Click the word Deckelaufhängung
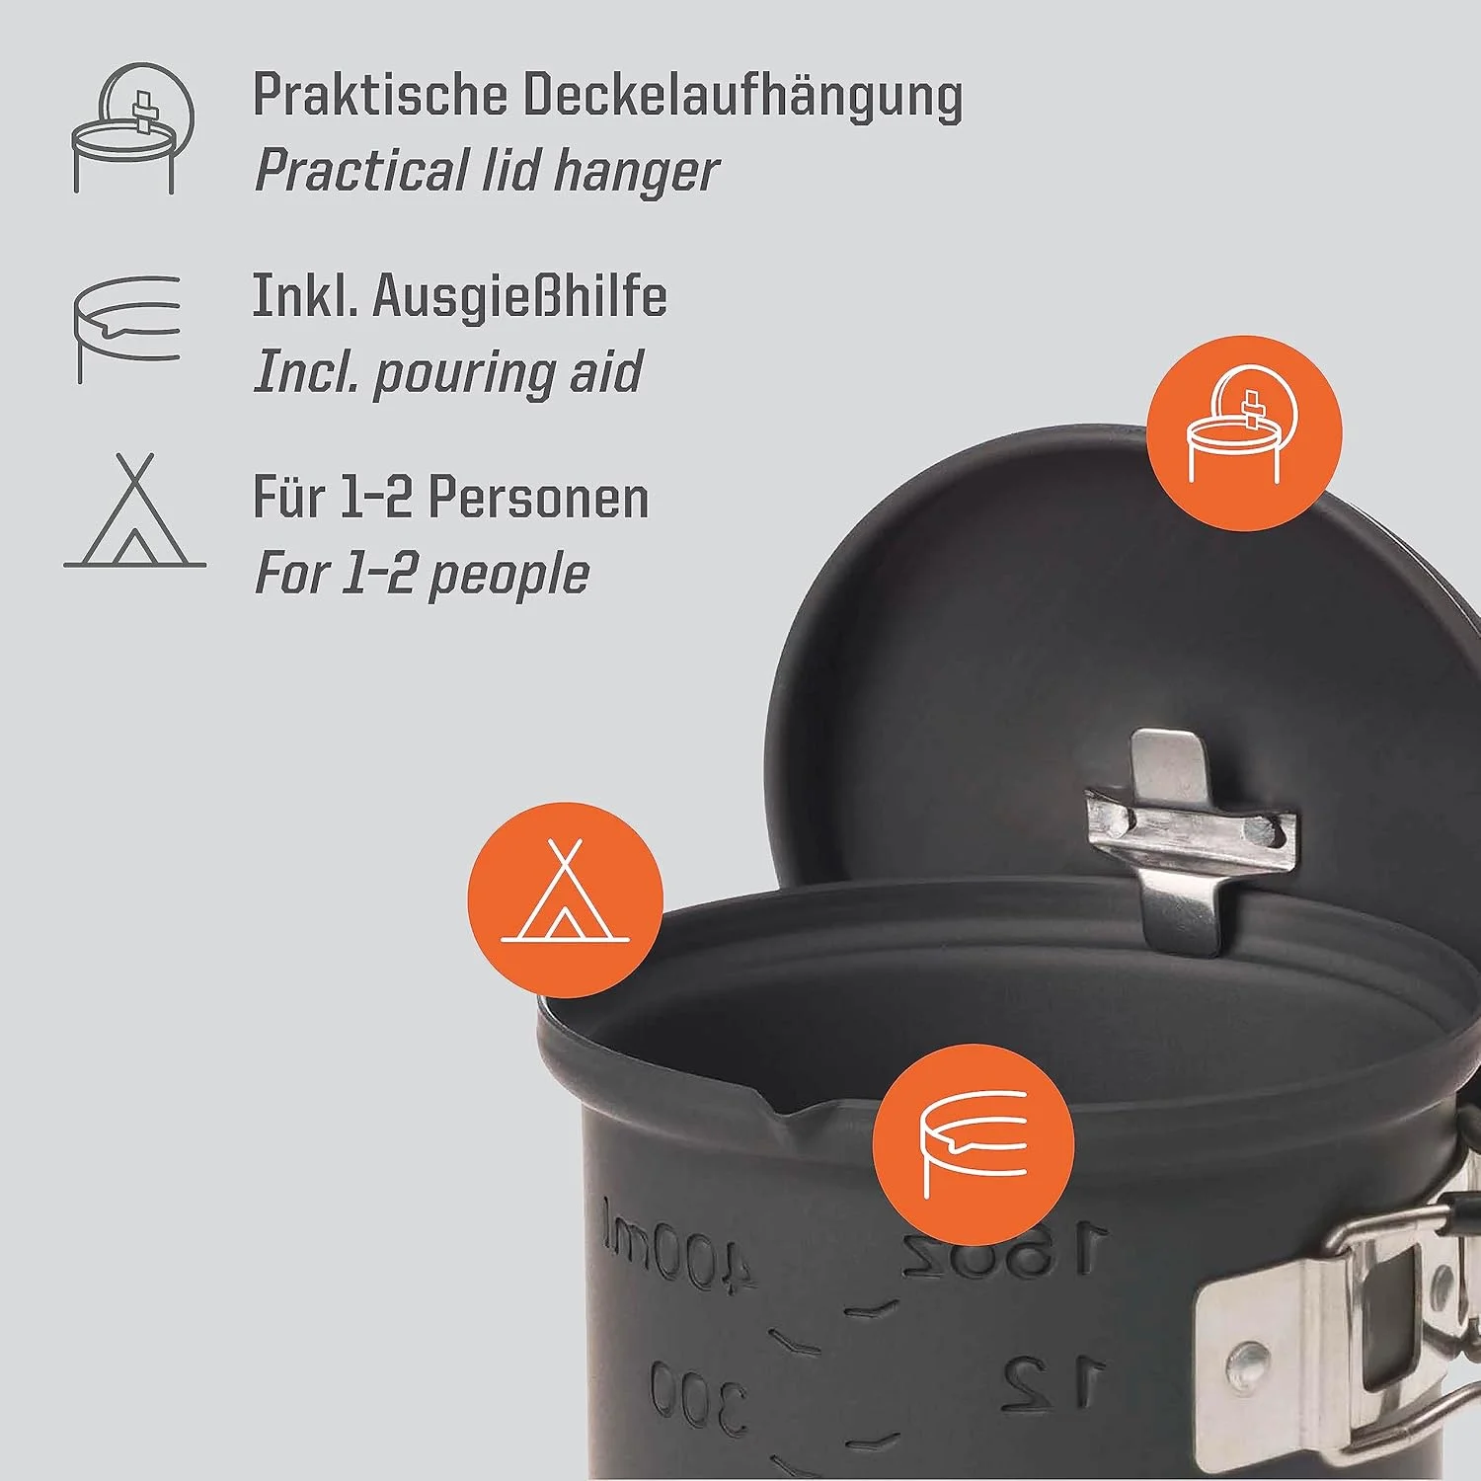[741, 97]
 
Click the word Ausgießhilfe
[519, 296]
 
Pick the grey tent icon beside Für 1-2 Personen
[135, 510]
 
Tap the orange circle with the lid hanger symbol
[1243, 433]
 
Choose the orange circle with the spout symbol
[974, 1146]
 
